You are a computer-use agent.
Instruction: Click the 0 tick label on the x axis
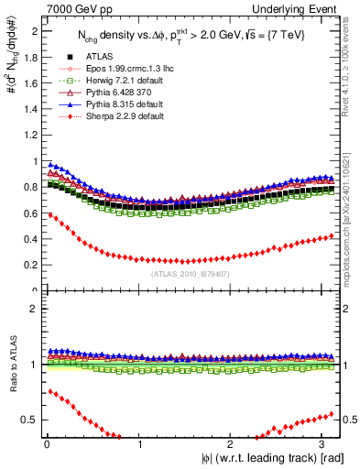tap(46, 445)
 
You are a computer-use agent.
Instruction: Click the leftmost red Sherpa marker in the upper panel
tap(49, 215)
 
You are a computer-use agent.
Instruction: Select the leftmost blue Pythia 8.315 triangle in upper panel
tap(49, 165)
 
